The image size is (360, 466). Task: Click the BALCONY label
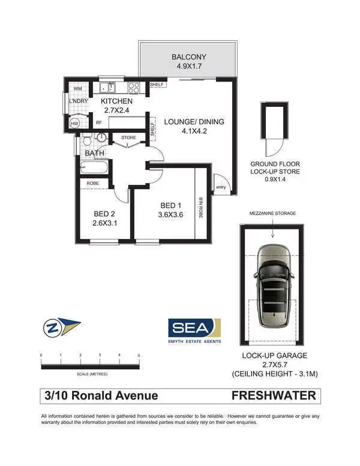188,58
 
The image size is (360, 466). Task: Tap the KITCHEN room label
116,101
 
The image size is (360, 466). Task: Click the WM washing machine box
77,89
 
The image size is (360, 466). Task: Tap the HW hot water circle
75,123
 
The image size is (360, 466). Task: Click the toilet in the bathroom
86,141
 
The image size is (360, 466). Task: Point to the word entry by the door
221,187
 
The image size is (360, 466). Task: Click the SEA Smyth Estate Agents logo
194,330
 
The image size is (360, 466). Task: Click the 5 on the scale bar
139,356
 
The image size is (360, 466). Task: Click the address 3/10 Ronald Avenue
101,396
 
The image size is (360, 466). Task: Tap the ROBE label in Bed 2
93,183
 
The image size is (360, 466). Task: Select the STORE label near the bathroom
129,138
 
